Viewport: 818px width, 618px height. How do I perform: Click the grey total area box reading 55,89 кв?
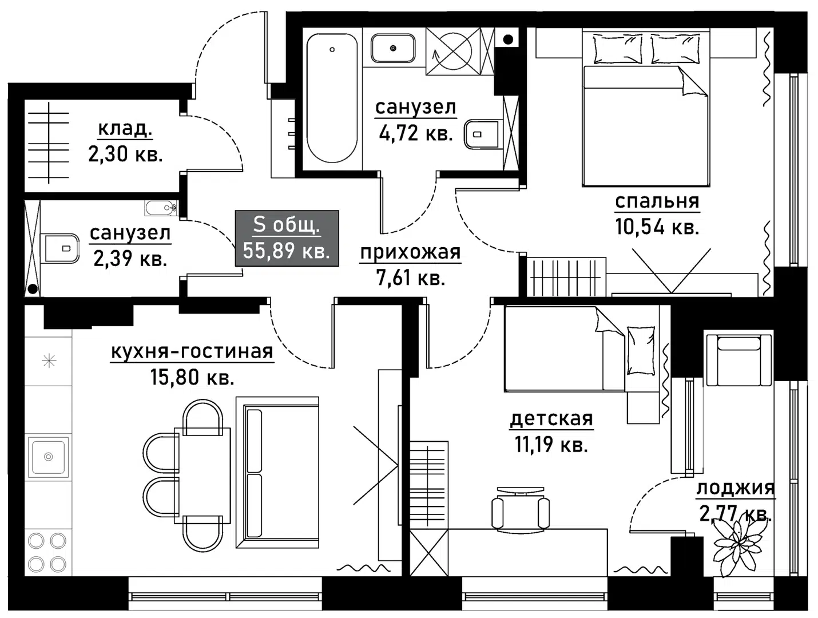287,238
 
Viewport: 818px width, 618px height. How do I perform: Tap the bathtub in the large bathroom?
332,98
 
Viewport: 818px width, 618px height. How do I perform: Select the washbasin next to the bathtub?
393,48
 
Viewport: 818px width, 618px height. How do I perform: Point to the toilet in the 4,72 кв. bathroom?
482,134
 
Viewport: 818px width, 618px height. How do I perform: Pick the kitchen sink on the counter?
49,457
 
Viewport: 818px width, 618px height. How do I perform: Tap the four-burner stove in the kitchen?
47,552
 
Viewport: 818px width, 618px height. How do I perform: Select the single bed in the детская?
580,349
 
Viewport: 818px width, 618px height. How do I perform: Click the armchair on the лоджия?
738,360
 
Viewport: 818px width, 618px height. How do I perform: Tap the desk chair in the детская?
520,508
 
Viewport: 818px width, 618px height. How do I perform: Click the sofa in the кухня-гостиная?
277,472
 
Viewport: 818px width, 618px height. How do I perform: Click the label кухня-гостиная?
192,351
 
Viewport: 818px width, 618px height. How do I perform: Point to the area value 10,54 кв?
657,226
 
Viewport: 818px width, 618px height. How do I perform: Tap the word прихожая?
410,252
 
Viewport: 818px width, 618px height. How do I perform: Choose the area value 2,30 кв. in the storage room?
126,154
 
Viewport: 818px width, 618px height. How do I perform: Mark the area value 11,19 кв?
551,444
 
